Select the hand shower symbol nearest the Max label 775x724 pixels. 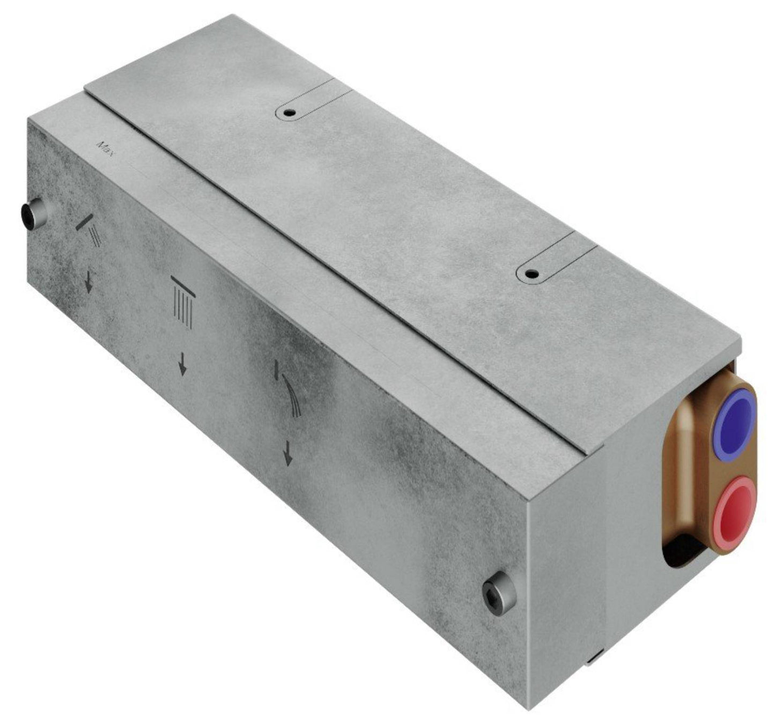(x=91, y=230)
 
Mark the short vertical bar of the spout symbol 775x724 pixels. (x=276, y=370)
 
